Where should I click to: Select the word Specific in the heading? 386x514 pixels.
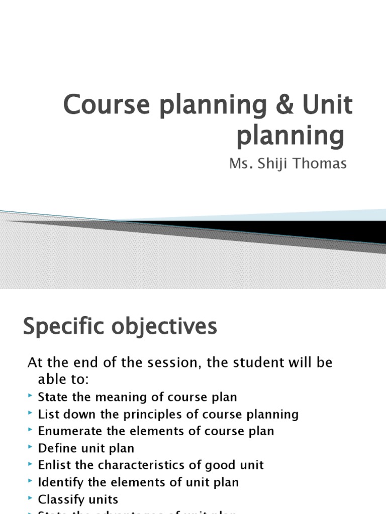61,327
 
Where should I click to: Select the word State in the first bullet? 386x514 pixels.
52,397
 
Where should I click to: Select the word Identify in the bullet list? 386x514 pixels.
58,482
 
